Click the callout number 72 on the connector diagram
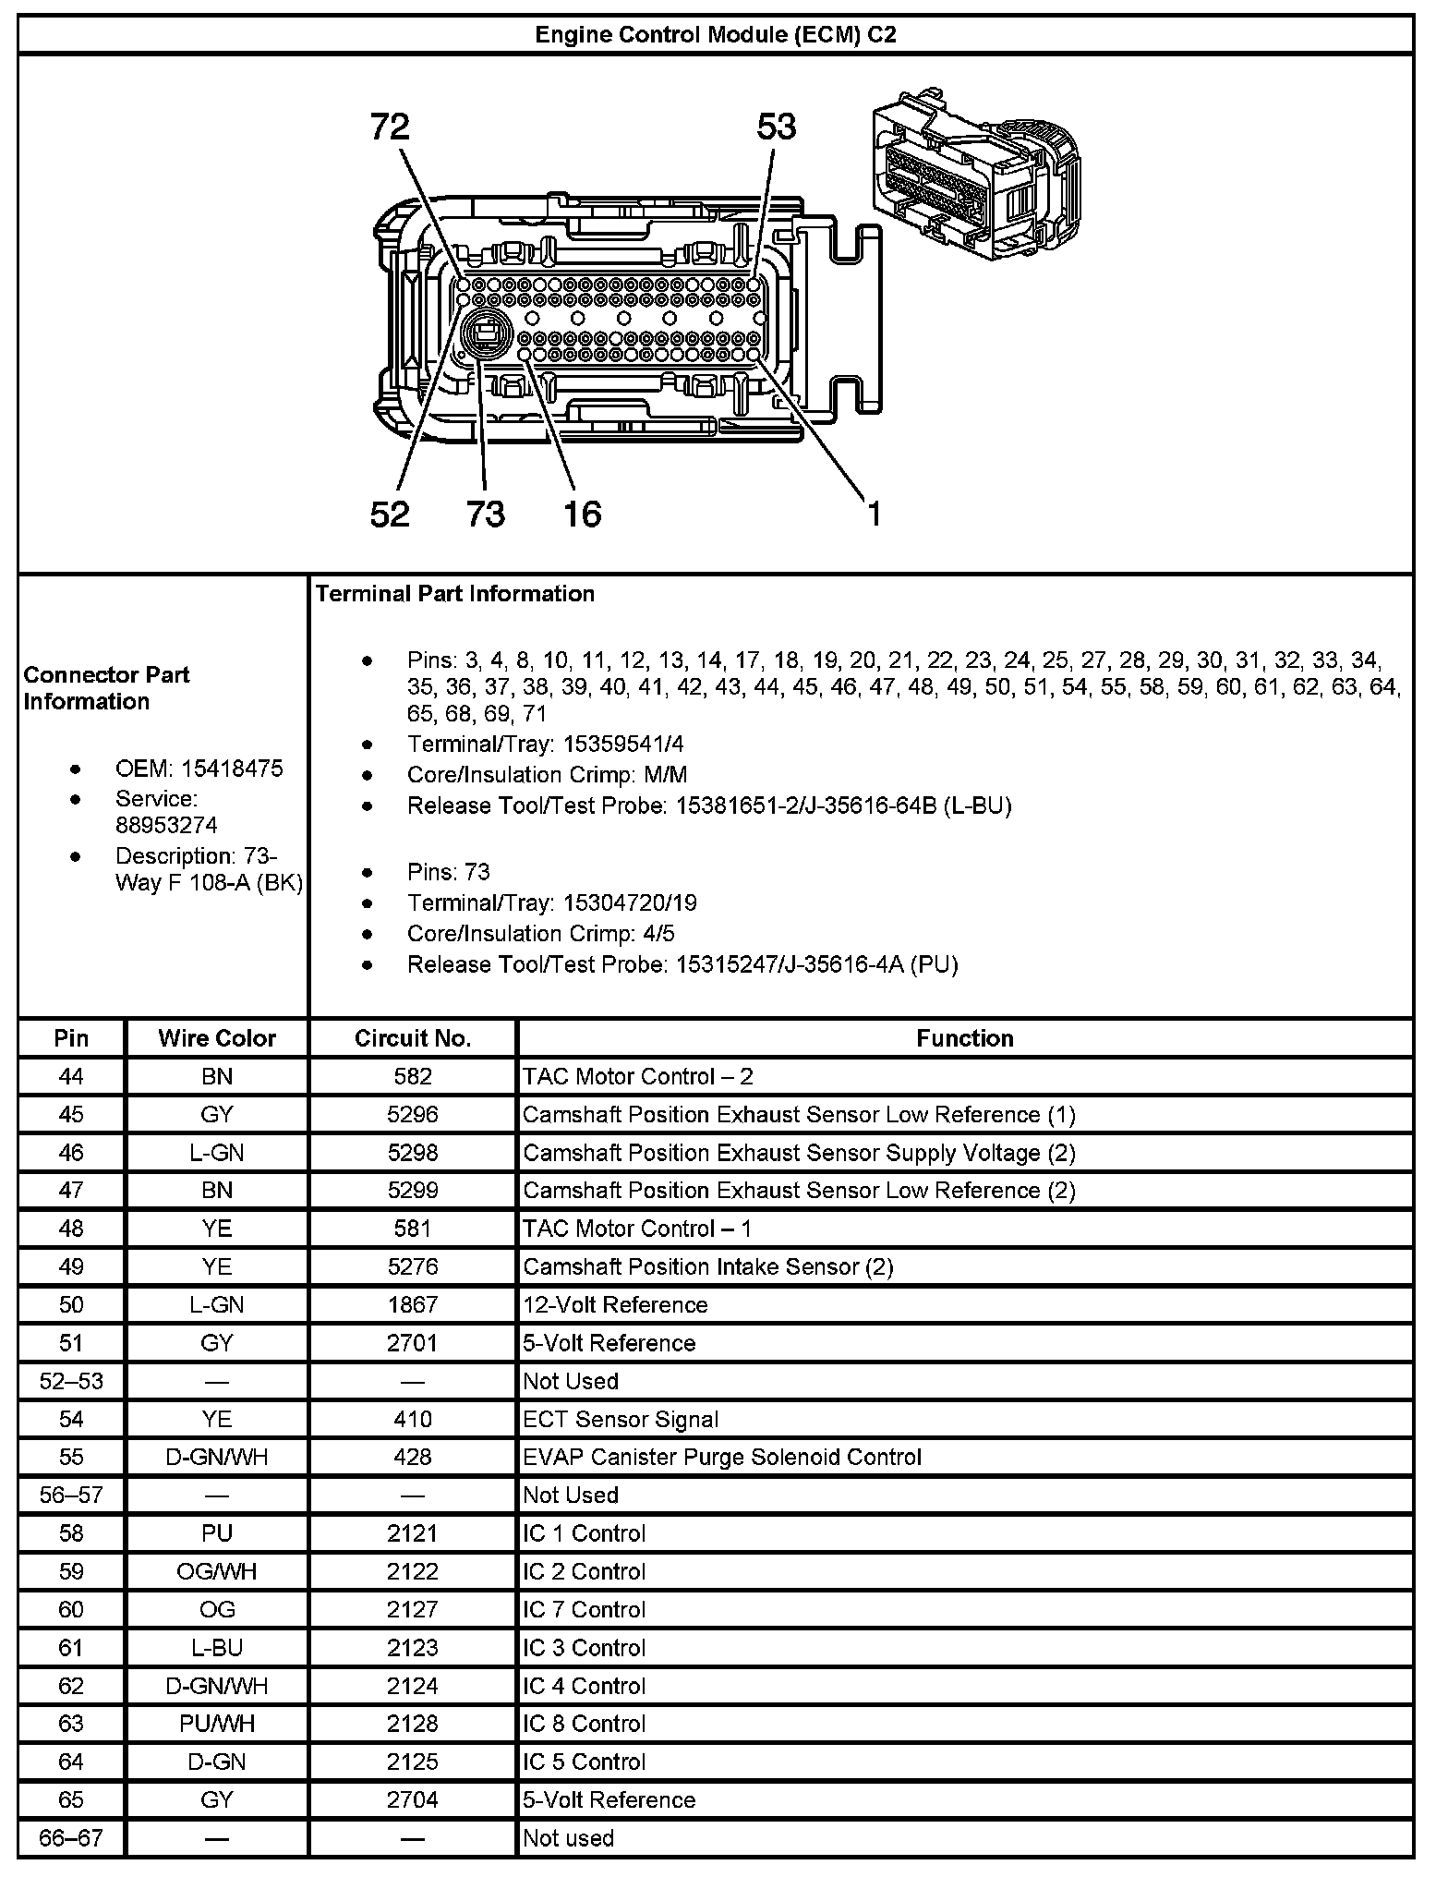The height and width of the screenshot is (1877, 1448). pyautogui.click(x=389, y=127)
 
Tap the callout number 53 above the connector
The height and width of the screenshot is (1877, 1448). pyautogui.click(x=776, y=127)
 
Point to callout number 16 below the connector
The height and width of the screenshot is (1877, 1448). pyautogui.click(x=583, y=514)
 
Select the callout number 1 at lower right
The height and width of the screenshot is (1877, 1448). pyautogui.click(x=873, y=514)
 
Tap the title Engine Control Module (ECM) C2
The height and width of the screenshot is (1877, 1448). pyautogui.click(x=716, y=35)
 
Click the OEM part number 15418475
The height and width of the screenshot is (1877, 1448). pyautogui.click(x=232, y=769)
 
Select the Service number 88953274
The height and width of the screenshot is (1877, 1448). pyautogui.click(x=166, y=825)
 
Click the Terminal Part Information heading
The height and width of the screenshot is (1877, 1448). pyautogui.click(x=455, y=593)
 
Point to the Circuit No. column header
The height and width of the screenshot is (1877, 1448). pyautogui.click(x=413, y=1038)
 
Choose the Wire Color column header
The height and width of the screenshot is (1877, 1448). pyautogui.click(x=217, y=1038)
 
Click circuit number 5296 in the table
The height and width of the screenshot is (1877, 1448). pyautogui.click(x=413, y=1115)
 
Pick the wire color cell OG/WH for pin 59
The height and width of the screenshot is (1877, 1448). pyautogui.click(x=217, y=1571)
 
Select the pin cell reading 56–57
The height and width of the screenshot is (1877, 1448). pyautogui.click(x=71, y=1495)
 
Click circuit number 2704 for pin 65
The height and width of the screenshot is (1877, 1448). pyautogui.click(x=413, y=1799)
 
